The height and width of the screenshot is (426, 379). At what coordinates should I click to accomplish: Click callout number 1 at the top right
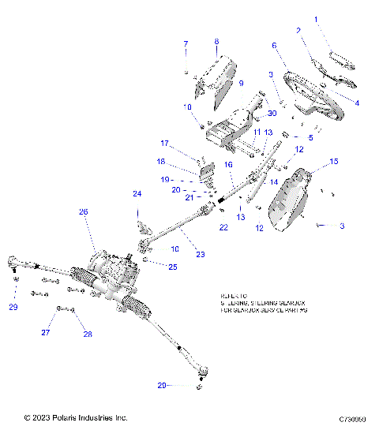(x=317, y=18)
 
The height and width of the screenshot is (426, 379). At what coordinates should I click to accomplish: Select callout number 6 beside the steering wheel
(x=274, y=46)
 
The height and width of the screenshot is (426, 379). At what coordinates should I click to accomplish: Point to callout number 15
(x=333, y=161)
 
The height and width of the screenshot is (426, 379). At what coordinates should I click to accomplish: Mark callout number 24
(x=137, y=193)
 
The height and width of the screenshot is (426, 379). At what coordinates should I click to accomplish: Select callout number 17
(x=165, y=144)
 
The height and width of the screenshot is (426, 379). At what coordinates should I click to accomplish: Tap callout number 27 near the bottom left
(x=56, y=334)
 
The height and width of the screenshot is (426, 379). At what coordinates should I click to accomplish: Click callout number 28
(x=88, y=334)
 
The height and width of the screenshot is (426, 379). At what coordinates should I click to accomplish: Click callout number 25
(x=173, y=267)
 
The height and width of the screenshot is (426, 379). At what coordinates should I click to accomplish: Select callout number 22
(x=224, y=227)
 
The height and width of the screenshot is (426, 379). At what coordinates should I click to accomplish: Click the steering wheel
(x=308, y=91)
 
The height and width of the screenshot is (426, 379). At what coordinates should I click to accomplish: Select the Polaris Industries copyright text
(x=76, y=417)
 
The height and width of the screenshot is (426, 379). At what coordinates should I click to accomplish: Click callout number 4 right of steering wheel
(x=357, y=103)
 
